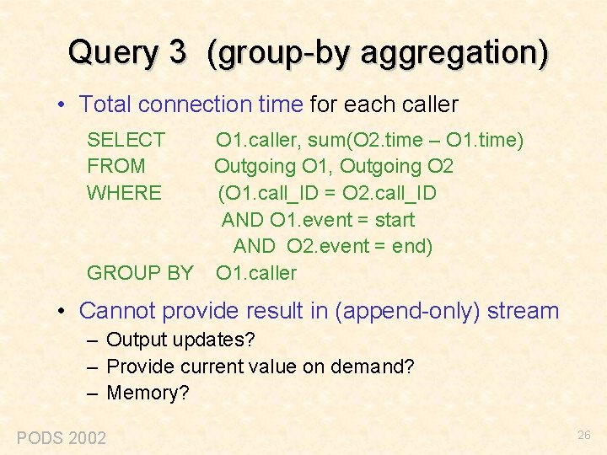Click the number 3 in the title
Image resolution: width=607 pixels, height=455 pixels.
click(177, 52)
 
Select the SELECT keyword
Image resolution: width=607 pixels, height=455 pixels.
click(126, 140)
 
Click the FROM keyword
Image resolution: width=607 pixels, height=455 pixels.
click(116, 166)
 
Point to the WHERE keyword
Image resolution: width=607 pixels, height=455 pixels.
click(125, 193)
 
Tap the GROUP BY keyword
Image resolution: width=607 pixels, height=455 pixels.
click(140, 273)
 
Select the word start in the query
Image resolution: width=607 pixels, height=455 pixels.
click(392, 220)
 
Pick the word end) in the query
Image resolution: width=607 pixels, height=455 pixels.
click(411, 246)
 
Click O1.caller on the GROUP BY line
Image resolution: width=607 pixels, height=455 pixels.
click(256, 273)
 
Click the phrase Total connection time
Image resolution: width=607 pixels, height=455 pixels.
click(191, 104)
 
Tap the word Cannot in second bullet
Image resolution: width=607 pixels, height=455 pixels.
click(117, 311)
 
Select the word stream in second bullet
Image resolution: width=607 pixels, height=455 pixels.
click(524, 311)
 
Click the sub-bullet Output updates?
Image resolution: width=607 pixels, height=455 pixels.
click(180, 340)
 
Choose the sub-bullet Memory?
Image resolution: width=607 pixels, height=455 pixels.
click(148, 393)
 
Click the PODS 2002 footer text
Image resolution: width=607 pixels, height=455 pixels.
click(62, 437)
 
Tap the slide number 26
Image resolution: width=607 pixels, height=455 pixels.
click(584, 436)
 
